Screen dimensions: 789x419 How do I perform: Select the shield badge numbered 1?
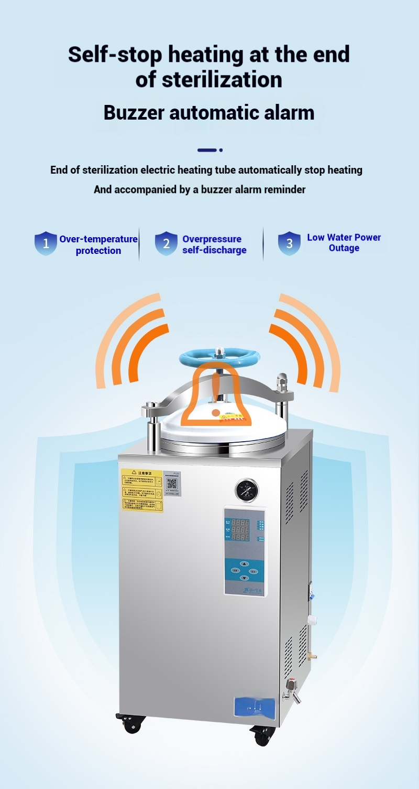tap(46, 243)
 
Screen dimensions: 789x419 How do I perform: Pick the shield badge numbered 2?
tap(166, 243)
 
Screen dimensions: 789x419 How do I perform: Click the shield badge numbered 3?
tap(289, 243)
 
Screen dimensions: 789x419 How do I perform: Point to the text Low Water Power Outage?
tap(344, 243)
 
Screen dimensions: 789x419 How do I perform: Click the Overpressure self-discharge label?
tap(214, 244)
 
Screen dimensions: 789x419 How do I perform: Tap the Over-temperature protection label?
tap(98, 245)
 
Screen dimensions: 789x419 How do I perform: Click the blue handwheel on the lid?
tap(219, 358)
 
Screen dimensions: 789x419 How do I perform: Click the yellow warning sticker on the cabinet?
tap(142, 491)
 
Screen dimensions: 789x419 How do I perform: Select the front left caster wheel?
tap(129, 724)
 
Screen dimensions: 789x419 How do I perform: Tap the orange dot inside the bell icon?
tap(216, 413)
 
